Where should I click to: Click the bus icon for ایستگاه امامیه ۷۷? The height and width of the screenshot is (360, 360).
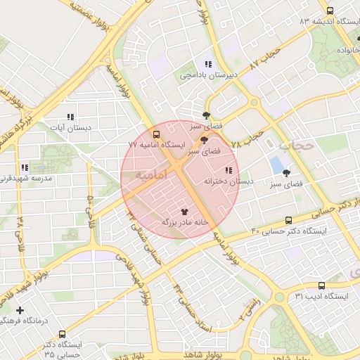(156, 134)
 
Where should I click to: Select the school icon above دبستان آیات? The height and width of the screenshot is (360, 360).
(70, 117)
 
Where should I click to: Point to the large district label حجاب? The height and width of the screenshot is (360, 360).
(296, 146)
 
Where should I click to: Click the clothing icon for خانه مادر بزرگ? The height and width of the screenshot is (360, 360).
(185, 210)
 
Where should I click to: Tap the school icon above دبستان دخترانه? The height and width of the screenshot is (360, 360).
(228, 170)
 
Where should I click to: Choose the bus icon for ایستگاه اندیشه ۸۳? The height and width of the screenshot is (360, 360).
(330, 11)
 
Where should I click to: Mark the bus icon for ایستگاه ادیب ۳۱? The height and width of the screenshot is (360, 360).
(321, 285)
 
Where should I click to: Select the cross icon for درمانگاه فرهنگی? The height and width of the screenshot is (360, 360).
(20, 310)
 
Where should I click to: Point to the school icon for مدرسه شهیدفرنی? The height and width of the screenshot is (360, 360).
(25, 167)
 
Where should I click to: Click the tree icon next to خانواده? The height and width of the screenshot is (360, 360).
(359, 40)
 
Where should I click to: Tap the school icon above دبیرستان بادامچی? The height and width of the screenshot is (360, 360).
(207, 64)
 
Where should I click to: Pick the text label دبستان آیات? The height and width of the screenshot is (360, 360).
(69, 128)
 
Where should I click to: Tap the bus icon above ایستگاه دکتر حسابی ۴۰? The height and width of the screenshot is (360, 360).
(288, 220)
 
